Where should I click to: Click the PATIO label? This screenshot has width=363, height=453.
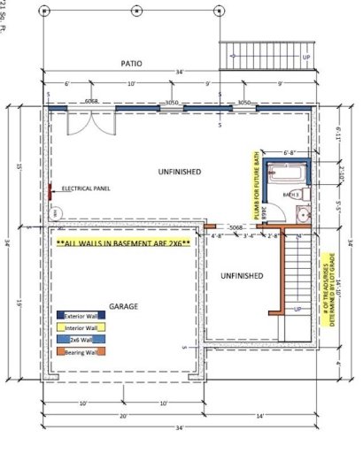click(x=133, y=64)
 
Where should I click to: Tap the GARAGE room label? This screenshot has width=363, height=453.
click(x=123, y=305)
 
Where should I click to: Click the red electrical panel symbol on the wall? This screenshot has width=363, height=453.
click(x=50, y=189)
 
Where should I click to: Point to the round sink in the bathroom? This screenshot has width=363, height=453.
click(x=303, y=213)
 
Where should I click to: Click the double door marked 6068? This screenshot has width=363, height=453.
click(x=91, y=120)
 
